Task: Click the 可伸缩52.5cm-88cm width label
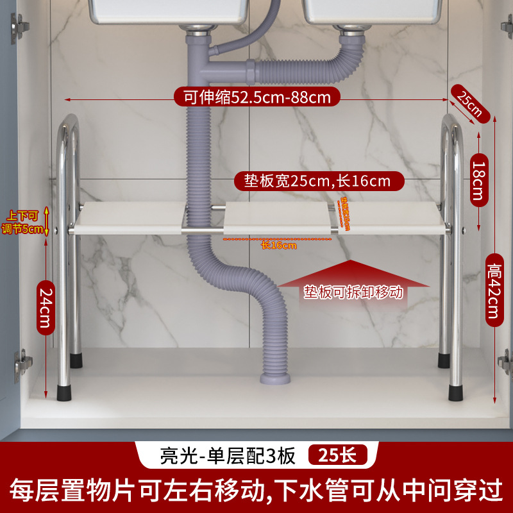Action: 256,98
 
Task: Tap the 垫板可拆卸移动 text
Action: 353,292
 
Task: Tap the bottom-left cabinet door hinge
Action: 23,364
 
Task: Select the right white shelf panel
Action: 391,218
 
